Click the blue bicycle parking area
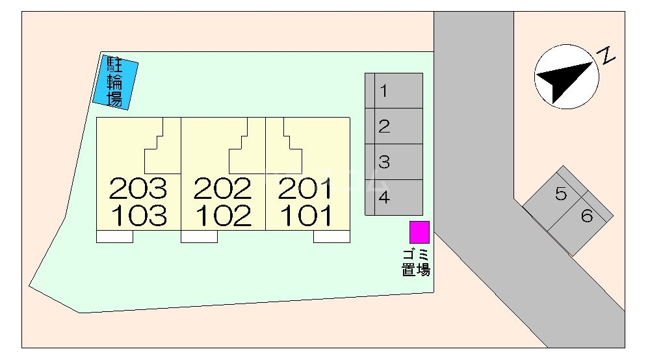(x=115, y=83)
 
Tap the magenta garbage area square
(x=419, y=232)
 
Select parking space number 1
(x=394, y=91)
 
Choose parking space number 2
(x=394, y=126)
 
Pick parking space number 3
(x=394, y=162)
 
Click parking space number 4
(x=394, y=198)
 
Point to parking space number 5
(x=555, y=198)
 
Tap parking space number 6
(x=580, y=224)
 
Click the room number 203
(x=138, y=188)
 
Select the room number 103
(x=139, y=216)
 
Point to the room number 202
(x=222, y=188)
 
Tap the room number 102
(x=224, y=216)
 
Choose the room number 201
(x=305, y=188)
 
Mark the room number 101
(x=306, y=216)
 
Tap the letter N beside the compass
(x=607, y=55)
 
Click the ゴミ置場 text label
(x=416, y=263)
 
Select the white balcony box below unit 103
(x=115, y=237)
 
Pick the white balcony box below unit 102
(x=200, y=237)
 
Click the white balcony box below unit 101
(x=331, y=237)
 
